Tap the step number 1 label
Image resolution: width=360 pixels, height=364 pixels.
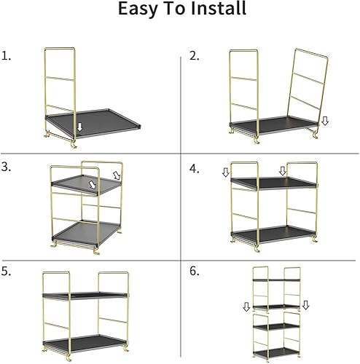pos(7,55)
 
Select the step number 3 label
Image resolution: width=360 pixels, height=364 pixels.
pos(7,167)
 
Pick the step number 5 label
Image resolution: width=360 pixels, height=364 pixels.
pos(7,270)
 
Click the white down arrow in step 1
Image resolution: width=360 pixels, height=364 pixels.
pos(79,129)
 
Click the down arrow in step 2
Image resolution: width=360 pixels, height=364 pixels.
pos(325,121)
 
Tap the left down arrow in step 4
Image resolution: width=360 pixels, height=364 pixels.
pos(226,172)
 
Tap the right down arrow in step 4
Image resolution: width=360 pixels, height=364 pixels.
pos(282,171)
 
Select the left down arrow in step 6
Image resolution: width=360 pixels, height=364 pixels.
pos(246,307)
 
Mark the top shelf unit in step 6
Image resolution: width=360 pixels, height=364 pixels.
pos(276,288)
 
